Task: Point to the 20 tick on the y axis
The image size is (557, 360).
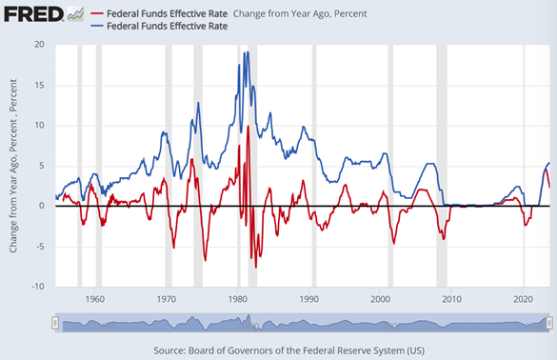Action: (39, 45)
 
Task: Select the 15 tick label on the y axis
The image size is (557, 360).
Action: (39, 85)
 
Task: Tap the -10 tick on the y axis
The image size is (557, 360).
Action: (37, 287)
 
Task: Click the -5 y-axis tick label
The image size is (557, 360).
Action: (39, 247)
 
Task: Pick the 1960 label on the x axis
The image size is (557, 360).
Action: (94, 299)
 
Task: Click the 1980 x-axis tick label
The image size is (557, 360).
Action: (238, 299)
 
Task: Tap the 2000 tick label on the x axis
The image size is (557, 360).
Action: (381, 299)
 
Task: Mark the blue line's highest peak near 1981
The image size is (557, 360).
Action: (246, 52)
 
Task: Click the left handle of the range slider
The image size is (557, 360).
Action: (56, 324)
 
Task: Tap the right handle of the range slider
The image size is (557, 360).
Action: (549, 324)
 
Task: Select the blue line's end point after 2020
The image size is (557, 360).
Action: (548, 163)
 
